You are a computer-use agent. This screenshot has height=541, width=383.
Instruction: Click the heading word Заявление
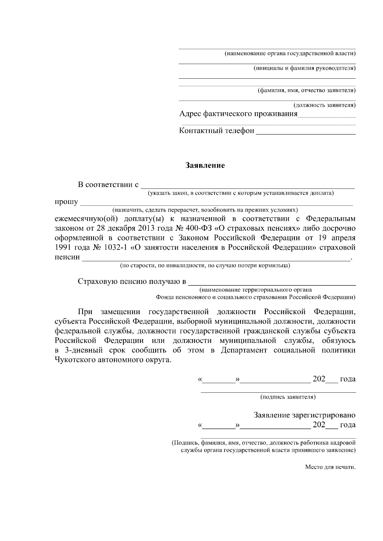click(206, 166)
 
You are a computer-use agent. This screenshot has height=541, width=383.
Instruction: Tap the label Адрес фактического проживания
click(238, 114)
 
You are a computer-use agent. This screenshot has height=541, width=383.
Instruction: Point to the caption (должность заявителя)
click(324, 105)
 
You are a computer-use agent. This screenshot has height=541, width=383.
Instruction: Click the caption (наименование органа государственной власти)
click(290, 53)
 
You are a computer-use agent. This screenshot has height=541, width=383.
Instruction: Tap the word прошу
click(66, 202)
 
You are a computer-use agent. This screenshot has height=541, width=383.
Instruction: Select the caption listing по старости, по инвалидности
click(205, 265)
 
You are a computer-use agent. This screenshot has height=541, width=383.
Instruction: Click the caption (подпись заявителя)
click(288, 397)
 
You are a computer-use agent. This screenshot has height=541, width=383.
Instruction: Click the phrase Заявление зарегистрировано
click(304, 415)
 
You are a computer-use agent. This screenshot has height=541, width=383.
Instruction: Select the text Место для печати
click(330, 467)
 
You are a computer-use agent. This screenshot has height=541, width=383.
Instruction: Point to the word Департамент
click(244, 350)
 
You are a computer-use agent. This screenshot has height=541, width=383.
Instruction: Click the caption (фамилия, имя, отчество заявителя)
click(306, 90)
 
